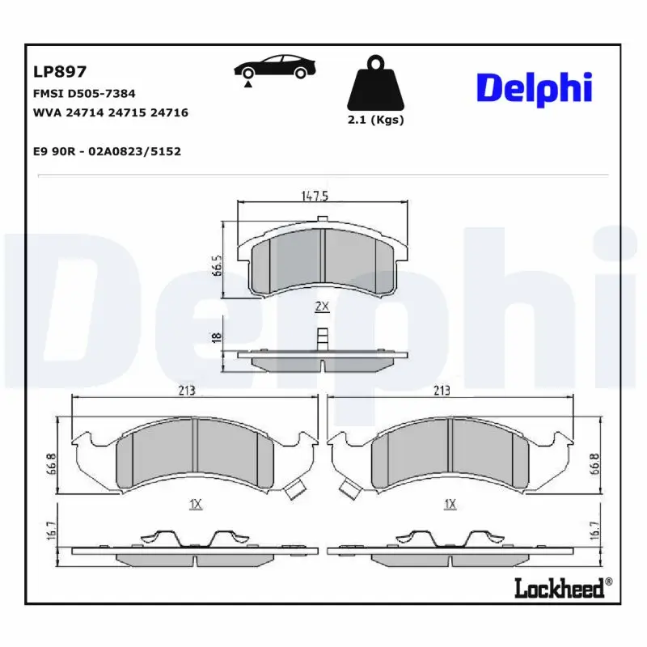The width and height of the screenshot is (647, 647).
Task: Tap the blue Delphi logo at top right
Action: point(535,88)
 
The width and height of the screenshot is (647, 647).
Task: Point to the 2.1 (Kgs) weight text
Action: point(375,120)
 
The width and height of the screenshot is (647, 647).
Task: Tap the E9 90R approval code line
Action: point(106,150)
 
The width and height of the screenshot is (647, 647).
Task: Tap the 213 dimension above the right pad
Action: point(442,391)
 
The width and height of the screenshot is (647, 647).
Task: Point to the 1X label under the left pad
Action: point(194,504)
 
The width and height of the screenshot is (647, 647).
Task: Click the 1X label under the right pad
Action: point(450,504)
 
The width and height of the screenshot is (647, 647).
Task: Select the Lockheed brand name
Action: point(560,588)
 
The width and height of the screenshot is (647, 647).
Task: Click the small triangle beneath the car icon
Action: point(248,83)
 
